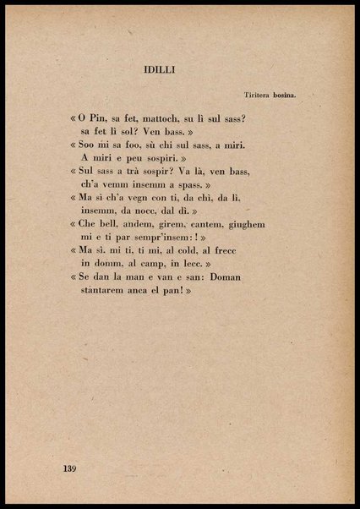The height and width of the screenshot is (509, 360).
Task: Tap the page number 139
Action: pos(72,467)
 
